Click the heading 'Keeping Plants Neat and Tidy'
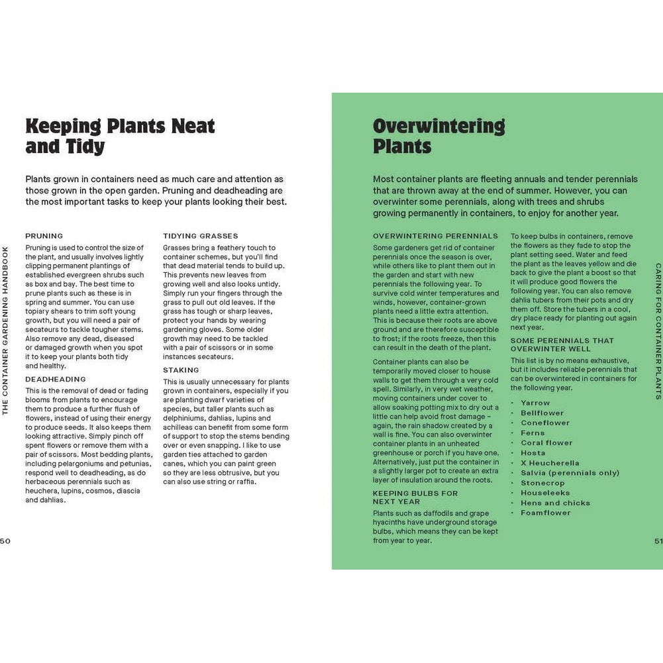pyautogui.click(x=120, y=135)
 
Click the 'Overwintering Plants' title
pyautogui.click(x=438, y=135)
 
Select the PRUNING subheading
pyautogui.click(x=44, y=236)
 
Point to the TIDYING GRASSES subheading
pyautogui.click(x=201, y=236)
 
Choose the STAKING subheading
pyautogui.click(x=181, y=370)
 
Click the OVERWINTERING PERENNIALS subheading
pyautogui.click(x=435, y=236)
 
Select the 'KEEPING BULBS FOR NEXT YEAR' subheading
pyautogui.click(x=415, y=497)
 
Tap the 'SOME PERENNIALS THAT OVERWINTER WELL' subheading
pyautogui.click(x=562, y=344)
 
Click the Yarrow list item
pyautogui.click(x=535, y=403)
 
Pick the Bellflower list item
pyautogui.click(x=542, y=413)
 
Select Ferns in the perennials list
pyautogui.click(x=533, y=433)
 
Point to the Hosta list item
pyautogui.click(x=533, y=453)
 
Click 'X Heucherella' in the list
pyautogui.click(x=550, y=463)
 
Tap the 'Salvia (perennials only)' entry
pyautogui.click(x=570, y=473)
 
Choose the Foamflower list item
pyautogui.click(x=545, y=513)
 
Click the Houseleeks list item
pyautogui.click(x=546, y=493)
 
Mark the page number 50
pyautogui.click(x=5, y=540)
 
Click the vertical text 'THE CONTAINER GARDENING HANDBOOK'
pyautogui.click(x=5, y=331)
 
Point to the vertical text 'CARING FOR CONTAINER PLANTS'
pyautogui.click(x=658, y=331)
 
